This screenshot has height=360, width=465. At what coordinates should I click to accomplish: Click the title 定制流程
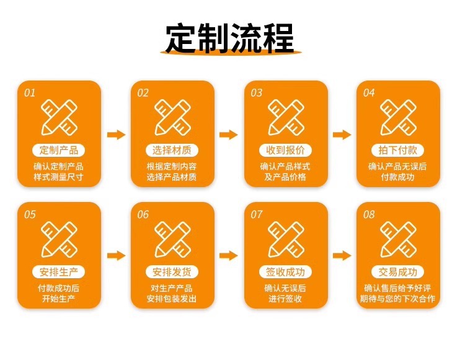click(230, 38)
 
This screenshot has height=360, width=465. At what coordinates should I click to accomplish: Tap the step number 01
click(30, 93)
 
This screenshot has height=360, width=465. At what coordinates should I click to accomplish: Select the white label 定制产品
click(58, 150)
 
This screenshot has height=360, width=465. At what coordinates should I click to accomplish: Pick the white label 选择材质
click(172, 150)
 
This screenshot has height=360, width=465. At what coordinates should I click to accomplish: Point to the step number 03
click(256, 93)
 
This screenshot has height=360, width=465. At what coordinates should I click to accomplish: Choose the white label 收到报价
click(285, 150)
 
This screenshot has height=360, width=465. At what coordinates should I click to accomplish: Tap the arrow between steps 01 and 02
click(116, 134)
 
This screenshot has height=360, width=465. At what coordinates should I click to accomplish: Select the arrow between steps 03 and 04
click(342, 134)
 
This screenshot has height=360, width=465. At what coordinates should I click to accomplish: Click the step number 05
click(30, 215)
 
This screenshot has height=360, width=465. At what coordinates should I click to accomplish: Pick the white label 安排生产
click(58, 272)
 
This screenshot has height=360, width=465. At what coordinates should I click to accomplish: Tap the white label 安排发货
click(172, 272)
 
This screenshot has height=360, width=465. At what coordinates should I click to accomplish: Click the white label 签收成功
click(285, 272)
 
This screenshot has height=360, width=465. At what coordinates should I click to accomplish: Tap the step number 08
click(369, 215)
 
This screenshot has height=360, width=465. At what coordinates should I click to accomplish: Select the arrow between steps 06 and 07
click(229, 255)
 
